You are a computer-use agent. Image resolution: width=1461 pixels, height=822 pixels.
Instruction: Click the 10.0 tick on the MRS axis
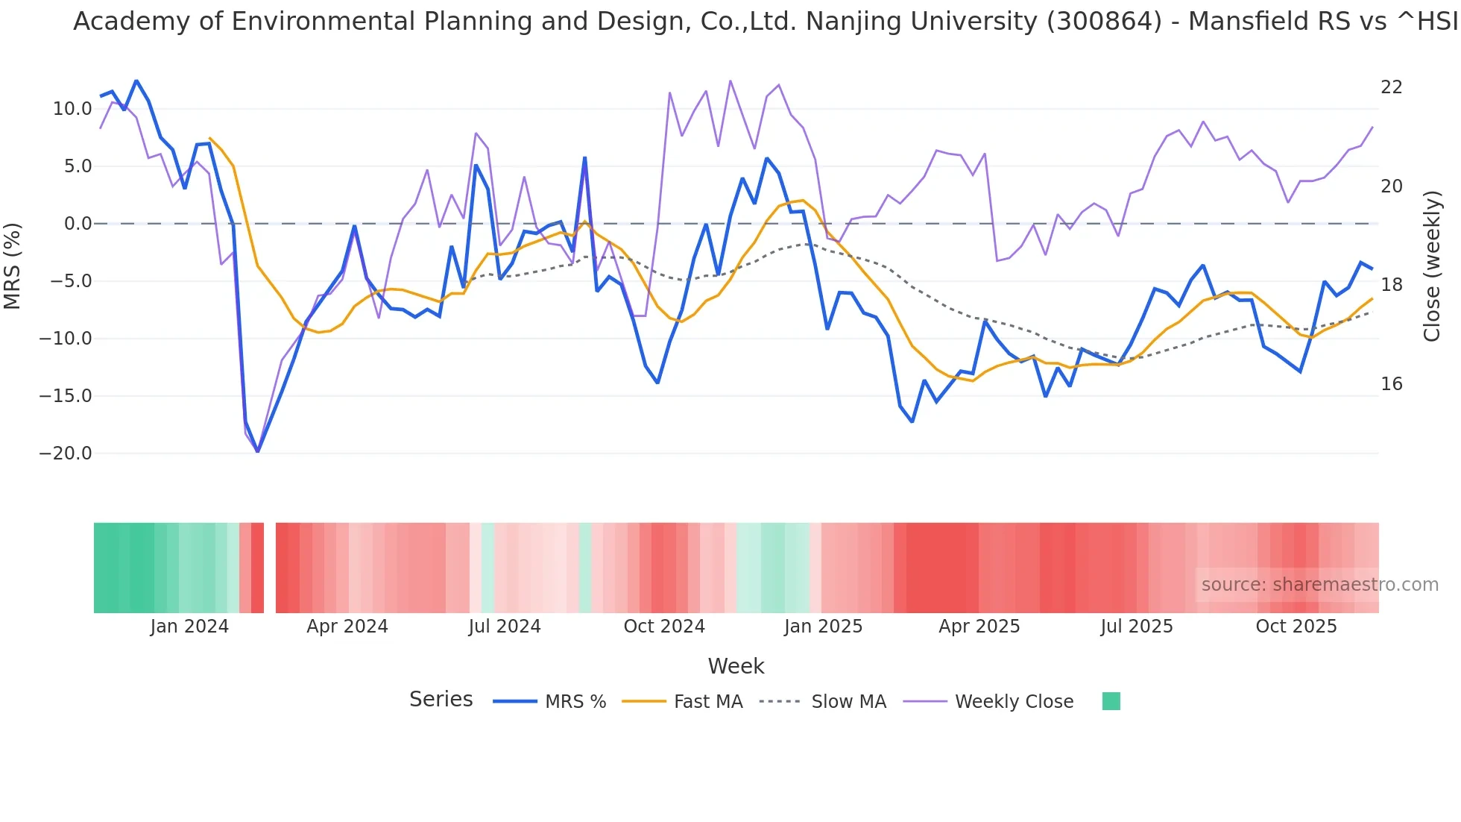point(72,109)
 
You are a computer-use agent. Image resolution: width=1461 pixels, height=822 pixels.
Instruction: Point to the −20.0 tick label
point(66,454)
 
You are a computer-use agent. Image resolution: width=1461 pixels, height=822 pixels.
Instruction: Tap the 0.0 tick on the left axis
point(78,224)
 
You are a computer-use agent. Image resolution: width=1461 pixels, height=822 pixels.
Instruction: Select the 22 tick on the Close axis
point(1391,87)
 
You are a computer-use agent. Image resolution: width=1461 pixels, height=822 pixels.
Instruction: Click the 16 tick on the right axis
point(1391,384)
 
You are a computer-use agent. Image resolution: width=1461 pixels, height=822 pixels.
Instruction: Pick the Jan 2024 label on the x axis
point(189,627)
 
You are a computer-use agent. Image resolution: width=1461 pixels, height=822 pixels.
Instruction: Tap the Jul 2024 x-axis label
point(505,627)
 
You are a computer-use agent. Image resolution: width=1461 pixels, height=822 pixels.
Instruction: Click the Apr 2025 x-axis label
point(979,627)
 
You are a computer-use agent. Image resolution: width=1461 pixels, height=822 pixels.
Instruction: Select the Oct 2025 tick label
point(1296,627)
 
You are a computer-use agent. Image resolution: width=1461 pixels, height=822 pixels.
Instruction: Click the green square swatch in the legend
point(1111,701)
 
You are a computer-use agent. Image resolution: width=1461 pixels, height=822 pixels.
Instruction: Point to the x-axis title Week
point(736,666)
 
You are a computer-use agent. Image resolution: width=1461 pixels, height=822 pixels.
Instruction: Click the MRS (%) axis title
point(13,266)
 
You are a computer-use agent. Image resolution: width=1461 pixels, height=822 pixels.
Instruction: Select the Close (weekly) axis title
point(1432,266)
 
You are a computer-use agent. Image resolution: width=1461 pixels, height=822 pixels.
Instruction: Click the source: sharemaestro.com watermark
point(1319,585)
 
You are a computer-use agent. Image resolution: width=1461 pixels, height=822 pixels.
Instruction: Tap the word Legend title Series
point(441,700)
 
